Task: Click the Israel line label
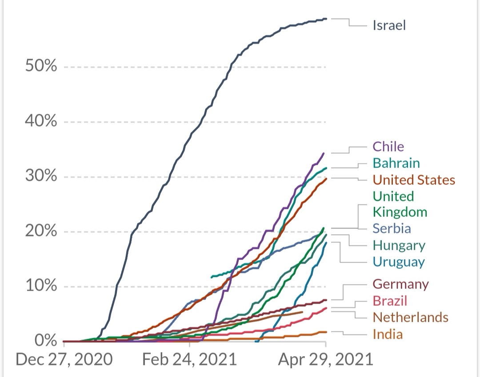point(389,25)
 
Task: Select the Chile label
point(388,147)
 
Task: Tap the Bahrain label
point(396,163)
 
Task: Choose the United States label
point(414,180)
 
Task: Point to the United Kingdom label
point(400,204)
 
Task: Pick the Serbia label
point(392,229)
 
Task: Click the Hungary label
point(399,245)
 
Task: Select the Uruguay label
point(399,262)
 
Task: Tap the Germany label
point(401,284)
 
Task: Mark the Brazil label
point(390,301)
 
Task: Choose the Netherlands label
point(410,317)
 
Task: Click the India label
point(388,334)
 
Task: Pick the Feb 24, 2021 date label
point(190,359)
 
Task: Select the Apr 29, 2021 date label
point(325,359)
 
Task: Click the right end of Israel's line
point(326,19)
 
